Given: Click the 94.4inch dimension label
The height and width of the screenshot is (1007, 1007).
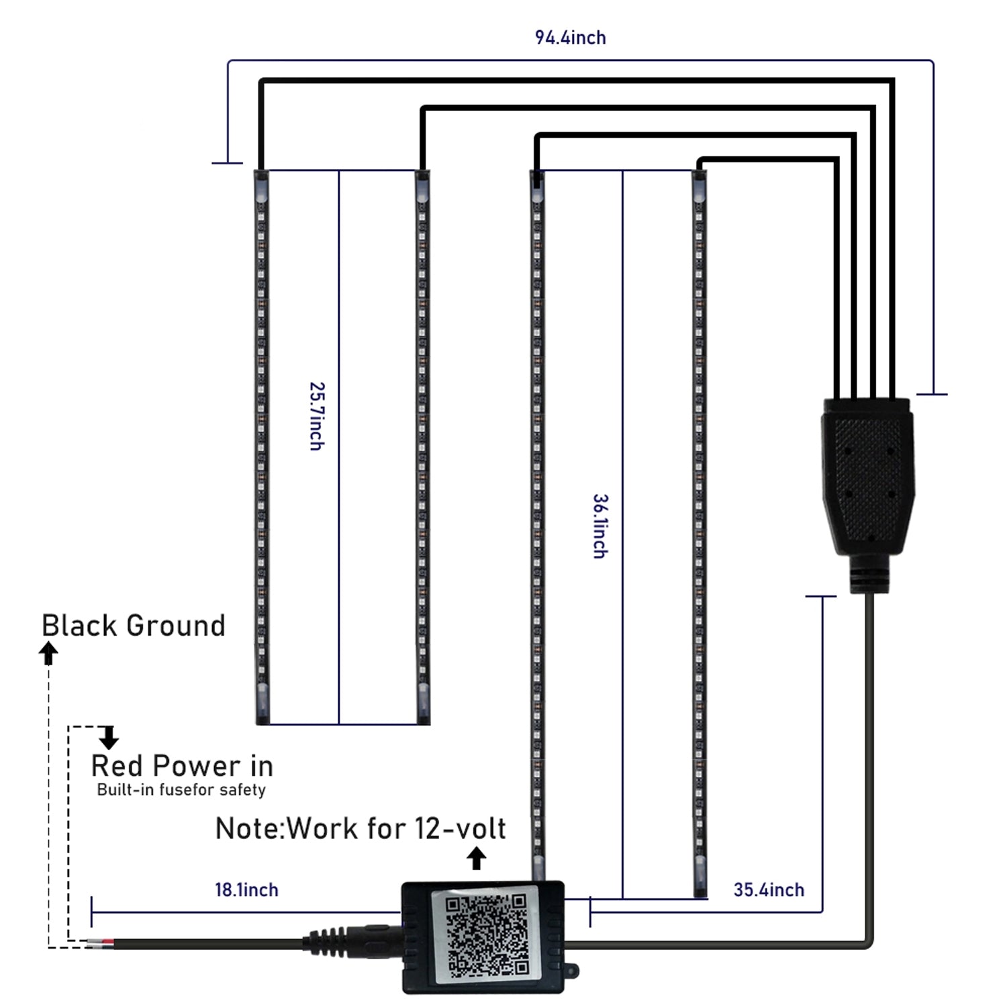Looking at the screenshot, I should (x=570, y=38).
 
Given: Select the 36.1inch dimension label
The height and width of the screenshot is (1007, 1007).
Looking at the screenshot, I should (x=600, y=526).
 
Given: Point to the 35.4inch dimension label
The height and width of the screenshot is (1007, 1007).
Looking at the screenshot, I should (x=769, y=890).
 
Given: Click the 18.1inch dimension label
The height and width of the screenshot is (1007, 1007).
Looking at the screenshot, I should (x=246, y=890).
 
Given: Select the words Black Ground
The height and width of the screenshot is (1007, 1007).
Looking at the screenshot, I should (x=134, y=626).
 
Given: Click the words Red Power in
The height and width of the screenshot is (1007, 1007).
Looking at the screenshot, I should (x=182, y=766).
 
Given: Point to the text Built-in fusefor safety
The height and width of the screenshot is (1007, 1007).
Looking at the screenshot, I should (x=181, y=790).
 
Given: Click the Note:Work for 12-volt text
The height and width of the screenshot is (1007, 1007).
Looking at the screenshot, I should (x=361, y=829).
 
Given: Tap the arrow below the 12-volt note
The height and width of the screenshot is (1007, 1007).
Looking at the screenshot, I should (x=477, y=859).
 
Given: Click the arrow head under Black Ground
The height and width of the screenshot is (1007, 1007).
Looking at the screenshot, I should (x=48, y=652).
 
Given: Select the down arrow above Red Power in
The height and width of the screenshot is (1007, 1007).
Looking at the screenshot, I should (x=109, y=738).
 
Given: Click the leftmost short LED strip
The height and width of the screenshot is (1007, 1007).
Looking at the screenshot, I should (x=262, y=446).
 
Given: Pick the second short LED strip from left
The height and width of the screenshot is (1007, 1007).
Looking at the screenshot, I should (x=422, y=446).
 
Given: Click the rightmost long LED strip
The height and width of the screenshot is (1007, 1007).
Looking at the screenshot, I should (x=700, y=534).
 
